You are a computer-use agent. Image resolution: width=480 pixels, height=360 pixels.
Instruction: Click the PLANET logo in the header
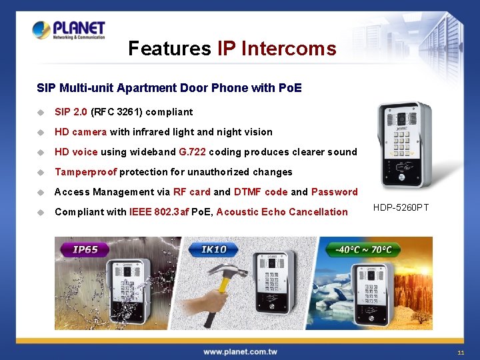pyautogui.click(x=69, y=30)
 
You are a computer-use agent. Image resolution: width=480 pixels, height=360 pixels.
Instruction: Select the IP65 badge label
pyautogui.click(x=85, y=250)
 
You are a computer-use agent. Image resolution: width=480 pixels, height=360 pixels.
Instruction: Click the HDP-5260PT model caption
pyautogui.click(x=401, y=208)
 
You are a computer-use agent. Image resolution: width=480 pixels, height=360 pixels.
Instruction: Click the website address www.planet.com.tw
pyautogui.click(x=240, y=351)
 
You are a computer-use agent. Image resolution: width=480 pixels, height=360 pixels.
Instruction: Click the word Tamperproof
pyautogui.click(x=85, y=172)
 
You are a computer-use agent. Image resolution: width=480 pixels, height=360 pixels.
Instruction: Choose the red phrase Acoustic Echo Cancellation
pyautogui.click(x=282, y=212)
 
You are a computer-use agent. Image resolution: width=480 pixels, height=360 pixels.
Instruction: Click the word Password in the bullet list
pyautogui.click(x=335, y=192)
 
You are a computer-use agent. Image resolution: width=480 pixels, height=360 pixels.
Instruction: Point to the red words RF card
pyautogui.click(x=191, y=192)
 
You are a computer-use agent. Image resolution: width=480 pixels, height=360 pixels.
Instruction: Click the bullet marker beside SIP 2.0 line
pyautogui.click(x=41, y=112)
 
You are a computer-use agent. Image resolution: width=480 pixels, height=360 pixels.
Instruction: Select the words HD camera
pyautogui.click(x=81, y=132)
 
